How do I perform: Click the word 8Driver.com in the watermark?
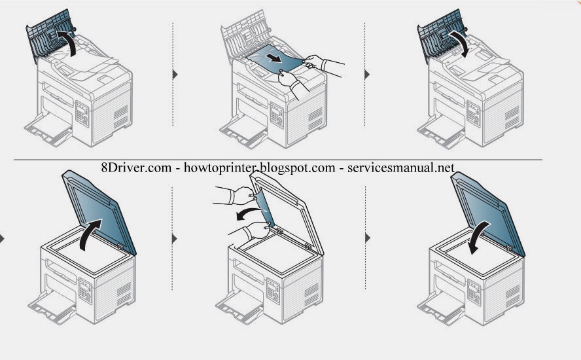point(135,168)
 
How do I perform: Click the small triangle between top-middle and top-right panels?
point(367,74)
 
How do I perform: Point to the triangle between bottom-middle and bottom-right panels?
point(367,237)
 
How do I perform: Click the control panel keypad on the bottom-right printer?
point(474,287)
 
